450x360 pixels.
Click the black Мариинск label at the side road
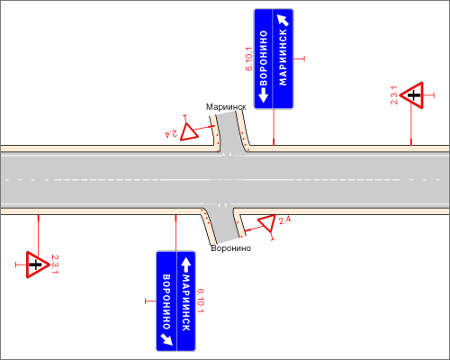(226, 107)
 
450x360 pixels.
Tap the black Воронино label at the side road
(230, 248)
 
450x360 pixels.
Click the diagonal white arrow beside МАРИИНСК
(283, 20)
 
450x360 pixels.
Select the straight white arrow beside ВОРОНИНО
(263, 94)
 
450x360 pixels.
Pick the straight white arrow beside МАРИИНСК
(186, 265)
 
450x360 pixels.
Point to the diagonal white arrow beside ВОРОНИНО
(166, 339)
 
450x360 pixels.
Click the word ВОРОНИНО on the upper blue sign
(263, 58)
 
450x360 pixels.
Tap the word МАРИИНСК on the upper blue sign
(283, 57)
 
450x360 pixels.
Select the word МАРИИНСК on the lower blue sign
(186, 302)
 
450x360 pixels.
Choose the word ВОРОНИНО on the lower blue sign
(166, 301)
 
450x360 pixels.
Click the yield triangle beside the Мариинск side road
(188, 132)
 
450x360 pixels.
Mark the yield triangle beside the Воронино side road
(267, 223)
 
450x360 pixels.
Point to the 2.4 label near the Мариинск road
(171, 133)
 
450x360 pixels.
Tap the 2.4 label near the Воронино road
(284, 220)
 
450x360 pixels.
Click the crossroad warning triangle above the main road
(412, 95)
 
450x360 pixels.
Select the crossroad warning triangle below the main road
(37, 265)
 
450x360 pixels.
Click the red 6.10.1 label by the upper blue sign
(249, 58)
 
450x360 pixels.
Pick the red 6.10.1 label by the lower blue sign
(201, 301)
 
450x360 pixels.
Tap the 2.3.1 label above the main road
(394, 95)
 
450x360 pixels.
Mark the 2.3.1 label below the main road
(55, 264)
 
